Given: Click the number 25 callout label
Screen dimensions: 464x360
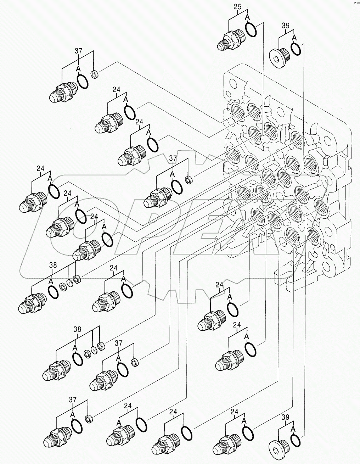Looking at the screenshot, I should pos(238,6).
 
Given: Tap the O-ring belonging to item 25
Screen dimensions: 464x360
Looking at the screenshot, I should pos(251,29).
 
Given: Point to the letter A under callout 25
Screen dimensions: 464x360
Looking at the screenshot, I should pos(247,17).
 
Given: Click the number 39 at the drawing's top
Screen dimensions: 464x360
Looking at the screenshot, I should pos(286,25).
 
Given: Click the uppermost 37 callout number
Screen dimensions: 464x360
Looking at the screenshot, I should pos(78,51).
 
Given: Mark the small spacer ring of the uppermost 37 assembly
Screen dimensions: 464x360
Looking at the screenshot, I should pos(95,75).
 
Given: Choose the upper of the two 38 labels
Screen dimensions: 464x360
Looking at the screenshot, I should pos(53,264).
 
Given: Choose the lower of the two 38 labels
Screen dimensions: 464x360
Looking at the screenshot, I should pos(77,329).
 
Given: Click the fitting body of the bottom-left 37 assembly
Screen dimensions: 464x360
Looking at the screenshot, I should pos(56,436).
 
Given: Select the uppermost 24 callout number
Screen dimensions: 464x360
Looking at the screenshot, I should pos(117,89).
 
